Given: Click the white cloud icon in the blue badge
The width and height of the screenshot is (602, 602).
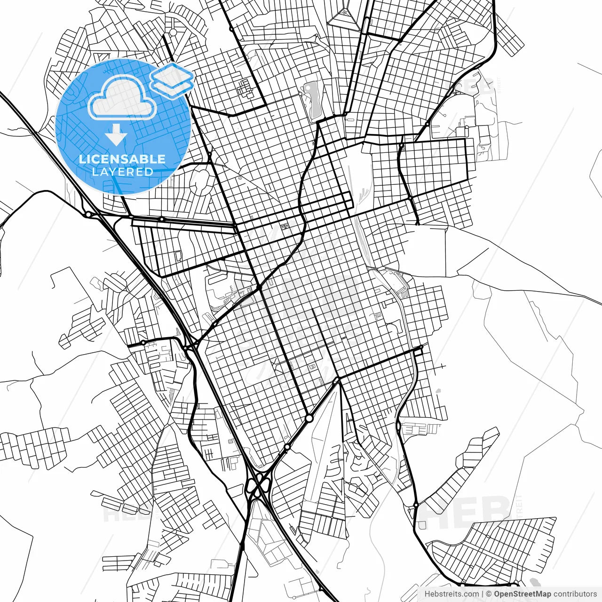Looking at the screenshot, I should pyautogui.click(x=122, y=99).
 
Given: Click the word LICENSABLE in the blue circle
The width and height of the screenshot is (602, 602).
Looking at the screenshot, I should pyautogui.click(x=122, y=159).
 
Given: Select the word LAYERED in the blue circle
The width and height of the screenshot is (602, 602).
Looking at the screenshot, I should pyautogui.click(x=122, y=172).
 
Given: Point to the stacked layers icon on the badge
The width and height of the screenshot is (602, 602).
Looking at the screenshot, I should pyautogui.click(x=172, y=80).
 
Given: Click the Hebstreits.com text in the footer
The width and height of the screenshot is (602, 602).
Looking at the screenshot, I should pyautogui.click(x=451, y=594).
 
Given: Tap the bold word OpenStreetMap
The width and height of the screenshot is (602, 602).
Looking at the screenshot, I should pyautogui.click(x=522, y=594).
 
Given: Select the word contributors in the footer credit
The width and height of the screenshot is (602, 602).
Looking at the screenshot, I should pyautogui.click(x=575, y=594).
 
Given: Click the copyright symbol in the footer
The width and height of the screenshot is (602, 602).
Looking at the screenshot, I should pyautogui.click(x=489, y=594).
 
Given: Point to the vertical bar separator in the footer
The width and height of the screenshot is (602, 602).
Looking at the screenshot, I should pyautogui.click(x=483, y=594).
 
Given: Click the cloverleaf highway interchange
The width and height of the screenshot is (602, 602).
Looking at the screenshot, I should pyautogui.click(x=257, y=484).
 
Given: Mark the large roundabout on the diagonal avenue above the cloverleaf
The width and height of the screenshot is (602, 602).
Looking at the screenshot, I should pyautogui.click(x=309, y=418).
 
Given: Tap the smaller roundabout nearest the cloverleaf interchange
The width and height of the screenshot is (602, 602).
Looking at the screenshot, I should pyautogui.click(x=286, y=447).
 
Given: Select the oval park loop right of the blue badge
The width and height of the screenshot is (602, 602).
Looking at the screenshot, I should pyautogui.click(x=201, y=181).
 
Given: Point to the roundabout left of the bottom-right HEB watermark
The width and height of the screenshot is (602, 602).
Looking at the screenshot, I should pyautogui.click(x=416, y=505).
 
